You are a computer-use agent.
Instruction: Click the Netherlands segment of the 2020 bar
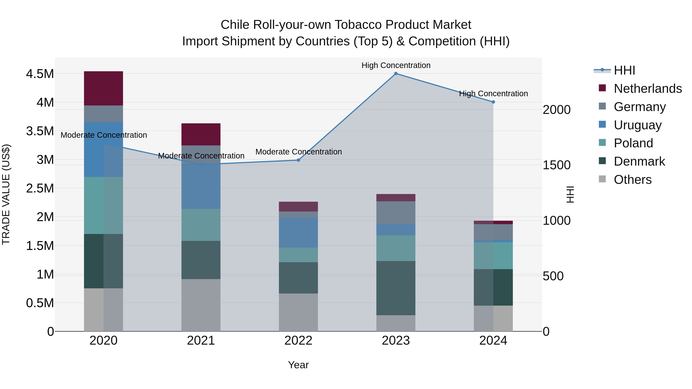103,88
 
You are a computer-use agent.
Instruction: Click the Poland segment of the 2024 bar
493,255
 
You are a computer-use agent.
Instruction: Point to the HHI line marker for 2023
396,74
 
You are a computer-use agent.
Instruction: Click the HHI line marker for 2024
493,102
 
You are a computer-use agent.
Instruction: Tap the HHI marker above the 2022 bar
298,160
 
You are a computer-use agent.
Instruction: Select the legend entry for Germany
640,107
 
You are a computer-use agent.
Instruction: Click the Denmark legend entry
639,161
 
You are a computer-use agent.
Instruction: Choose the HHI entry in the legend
624,70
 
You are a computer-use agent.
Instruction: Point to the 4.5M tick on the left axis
40,74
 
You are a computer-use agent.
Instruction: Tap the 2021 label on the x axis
201,341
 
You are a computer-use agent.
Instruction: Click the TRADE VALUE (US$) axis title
6,194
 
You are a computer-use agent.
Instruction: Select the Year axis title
298,365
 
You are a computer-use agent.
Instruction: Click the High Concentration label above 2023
396,65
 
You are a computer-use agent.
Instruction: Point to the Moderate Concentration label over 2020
104,135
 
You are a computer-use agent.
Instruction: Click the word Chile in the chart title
235,25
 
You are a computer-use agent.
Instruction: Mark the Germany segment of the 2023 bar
396,213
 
